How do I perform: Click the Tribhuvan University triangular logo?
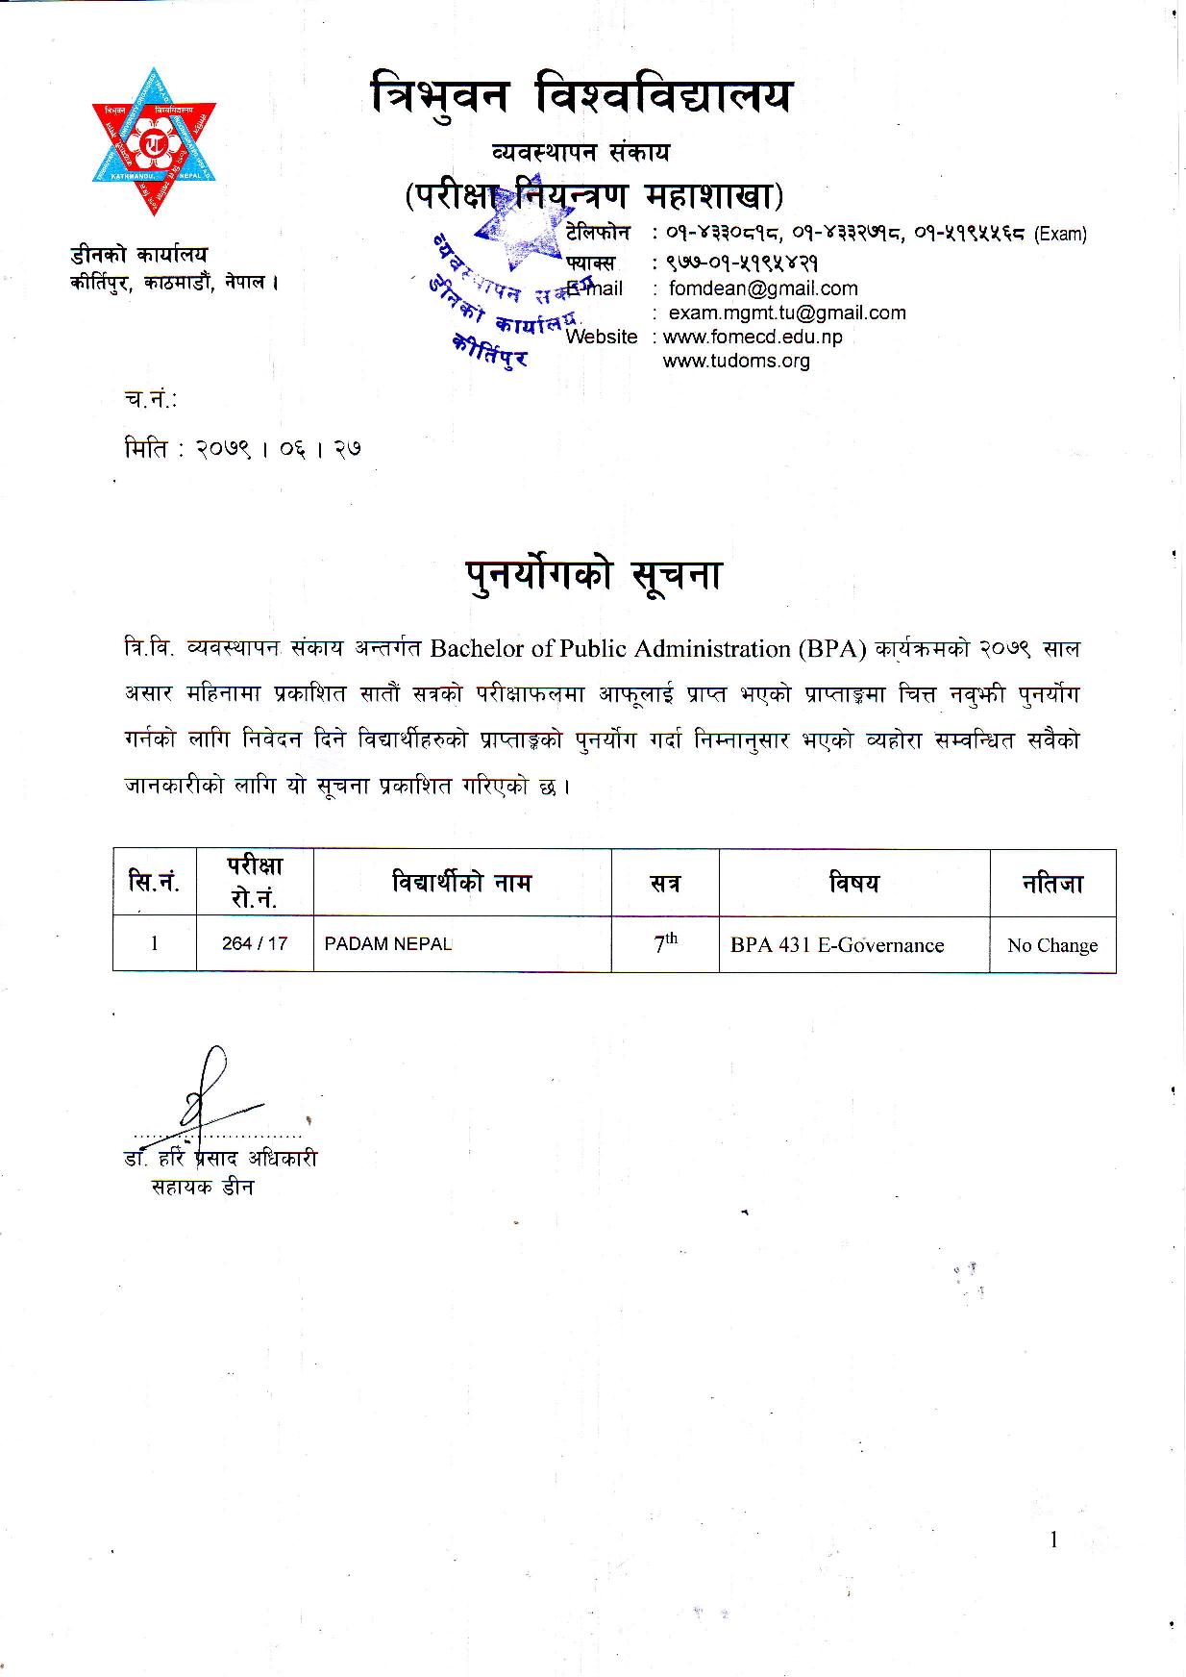pyautogui.click(x=154, y=141)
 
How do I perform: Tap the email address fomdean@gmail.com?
pyautogui.click(x=763, y=288)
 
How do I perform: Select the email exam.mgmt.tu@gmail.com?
pyautogui.click(x=786, y=313)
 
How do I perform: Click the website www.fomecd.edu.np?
pyautogui.click(x=753, y=337)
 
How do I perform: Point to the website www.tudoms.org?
pyautogui.click(x=736, y=362)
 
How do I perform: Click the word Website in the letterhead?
pyautogui.click(x=602, y=337)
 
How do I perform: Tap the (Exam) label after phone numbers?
pyautogui.click(x=1060, y=234)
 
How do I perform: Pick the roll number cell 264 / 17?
pyautogui.click(x=255, y=943)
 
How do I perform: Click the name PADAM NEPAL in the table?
pyautogui.click(x=388, y=943)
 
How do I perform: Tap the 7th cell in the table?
pyautogui.click(x=665, y=943)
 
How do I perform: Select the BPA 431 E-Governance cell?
pyautogui.click(x=837, y=945)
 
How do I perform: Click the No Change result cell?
pyautogui.click(x=1052, y=945)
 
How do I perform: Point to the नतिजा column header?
pyautogui.click(x=1052, y=883)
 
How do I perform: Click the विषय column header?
pyautogui.click(x=854, y=883)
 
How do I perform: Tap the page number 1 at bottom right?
pyautogui.click(x=1054, y=1540)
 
